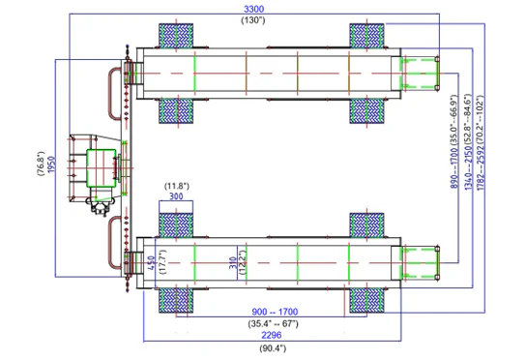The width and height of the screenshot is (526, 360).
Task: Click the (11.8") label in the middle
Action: point(175,185)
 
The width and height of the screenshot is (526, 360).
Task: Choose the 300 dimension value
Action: point(175,195)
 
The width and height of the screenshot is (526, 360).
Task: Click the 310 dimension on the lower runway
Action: point(232,262)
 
